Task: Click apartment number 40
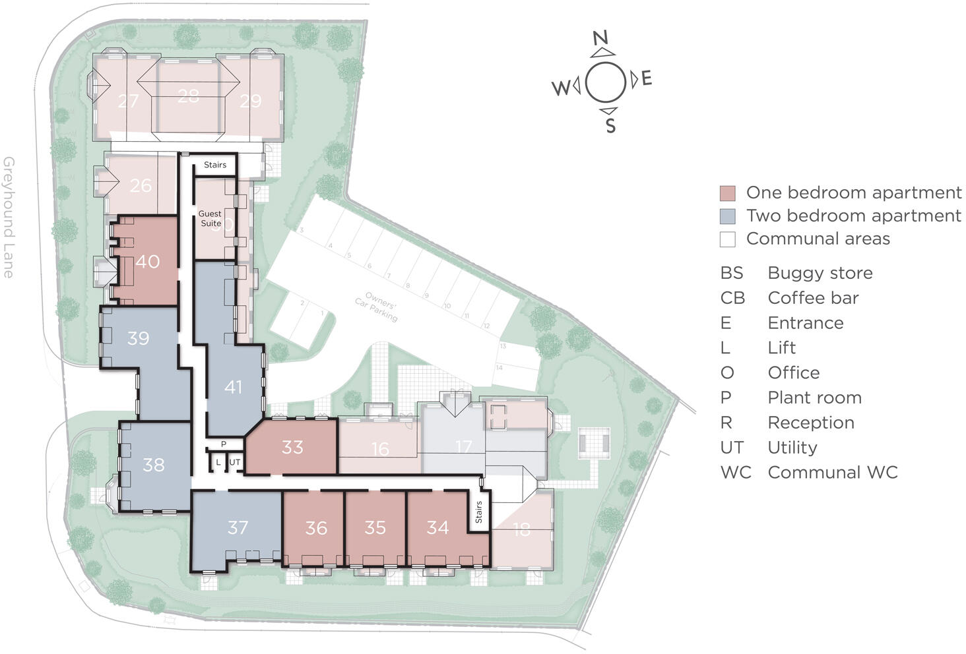(x=147, y=262)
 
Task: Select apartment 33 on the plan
(x=292, y=447)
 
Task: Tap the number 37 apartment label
(x=238, y=527)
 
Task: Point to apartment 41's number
(x=233, y=387)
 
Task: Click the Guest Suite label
(x=210, y=218)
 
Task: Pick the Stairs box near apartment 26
(x=214, y=165)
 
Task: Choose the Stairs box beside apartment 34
(x=478, y=512)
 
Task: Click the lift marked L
(x=218, y=463)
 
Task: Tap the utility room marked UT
(x=234, y=463)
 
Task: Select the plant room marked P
(x=224, y=444)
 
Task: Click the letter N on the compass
(x=600, y=38)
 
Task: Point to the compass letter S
(x=611, y=125)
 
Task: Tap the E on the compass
(x=647, y=79)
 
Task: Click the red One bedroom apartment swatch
(x=727, y=193)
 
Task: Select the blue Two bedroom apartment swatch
(x=727, y=216)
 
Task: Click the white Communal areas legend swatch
(x=727, y=239)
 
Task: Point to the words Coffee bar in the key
(x=813, y=298)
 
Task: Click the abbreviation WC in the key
(x=735, y=473)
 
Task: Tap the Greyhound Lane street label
(x=9, y=218)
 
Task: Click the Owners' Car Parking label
(x=376, y=309)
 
